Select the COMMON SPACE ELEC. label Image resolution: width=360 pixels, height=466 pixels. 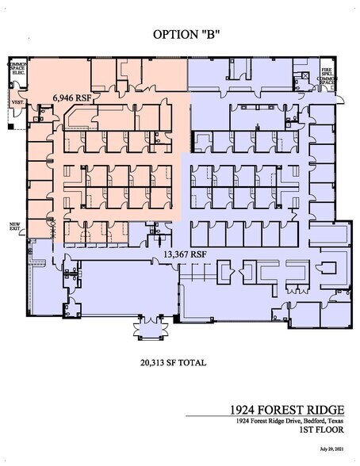(17, 71)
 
